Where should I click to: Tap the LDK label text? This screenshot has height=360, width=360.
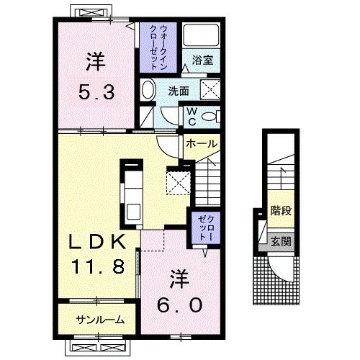(x=99, y=240)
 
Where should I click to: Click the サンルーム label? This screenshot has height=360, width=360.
(x=99, y=320)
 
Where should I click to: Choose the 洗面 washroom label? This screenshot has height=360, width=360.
(x=179, y=91)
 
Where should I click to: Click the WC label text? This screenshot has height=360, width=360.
(x=192, y=116)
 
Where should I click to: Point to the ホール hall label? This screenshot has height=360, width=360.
(x=201, y=143)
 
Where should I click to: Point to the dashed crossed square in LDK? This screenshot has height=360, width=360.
(x=177, y=179)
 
